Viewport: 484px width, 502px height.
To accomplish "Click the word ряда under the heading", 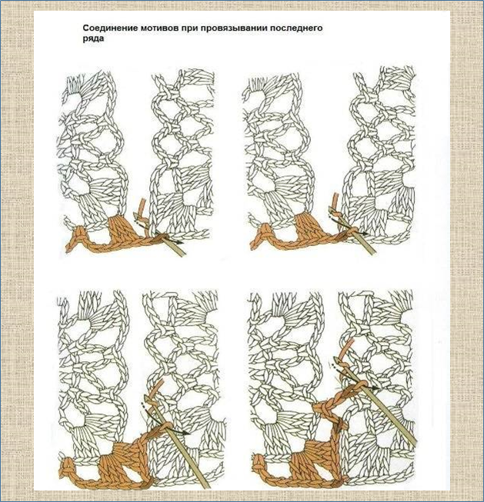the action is pyautogui.click(x=93, y=38).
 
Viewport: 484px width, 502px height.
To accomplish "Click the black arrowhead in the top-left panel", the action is pyautogui.click(x=181, y=242).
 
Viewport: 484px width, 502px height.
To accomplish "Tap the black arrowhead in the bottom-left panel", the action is pyautogui.click(x=186, y=434).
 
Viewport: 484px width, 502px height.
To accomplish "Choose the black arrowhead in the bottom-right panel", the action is pyautogui.click(x=376, y=388).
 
